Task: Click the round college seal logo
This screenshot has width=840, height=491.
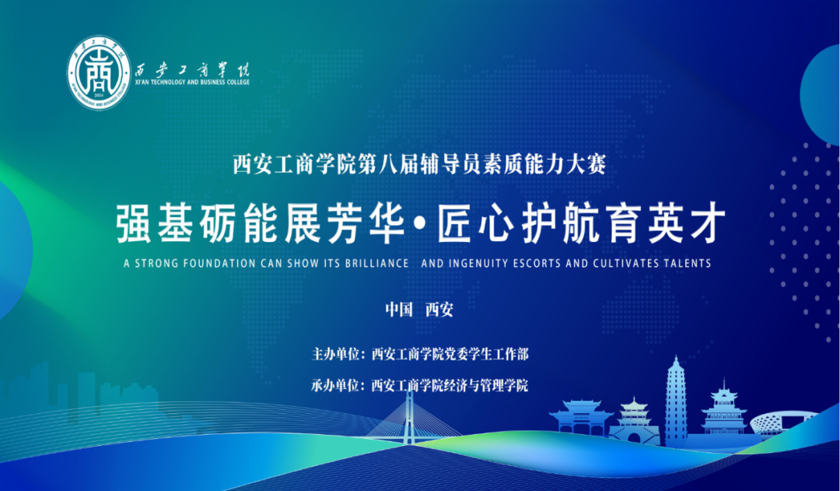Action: point(99,73)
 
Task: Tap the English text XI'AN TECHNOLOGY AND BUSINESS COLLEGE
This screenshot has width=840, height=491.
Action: point(192,82)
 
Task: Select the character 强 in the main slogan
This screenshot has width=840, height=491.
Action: point(134,223)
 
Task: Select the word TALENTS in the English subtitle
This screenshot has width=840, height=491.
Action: point(688,263)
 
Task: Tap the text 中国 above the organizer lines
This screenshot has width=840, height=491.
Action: point(399,309)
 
